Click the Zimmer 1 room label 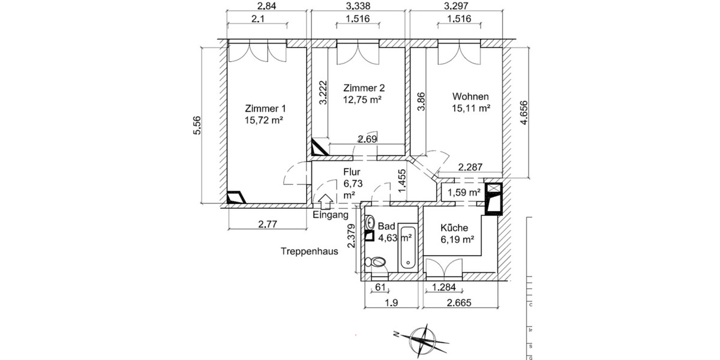(265, 109)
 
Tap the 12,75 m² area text (362, 100)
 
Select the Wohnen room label (470, 97)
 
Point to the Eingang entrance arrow (326, 202)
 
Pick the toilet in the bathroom (376, 262)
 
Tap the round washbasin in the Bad (371, 221)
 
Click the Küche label (454, 228)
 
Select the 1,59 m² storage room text (464, 193)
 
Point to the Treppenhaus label (310, 251)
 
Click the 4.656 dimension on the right (524, 113)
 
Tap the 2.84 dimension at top (267, 6)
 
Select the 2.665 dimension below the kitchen (459, 303)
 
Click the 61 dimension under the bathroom (380, 287)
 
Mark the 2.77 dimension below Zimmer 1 (268, 224)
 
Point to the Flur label (352, 172)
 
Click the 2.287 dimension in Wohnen (470, 167)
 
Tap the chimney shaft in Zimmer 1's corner (236, 197)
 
